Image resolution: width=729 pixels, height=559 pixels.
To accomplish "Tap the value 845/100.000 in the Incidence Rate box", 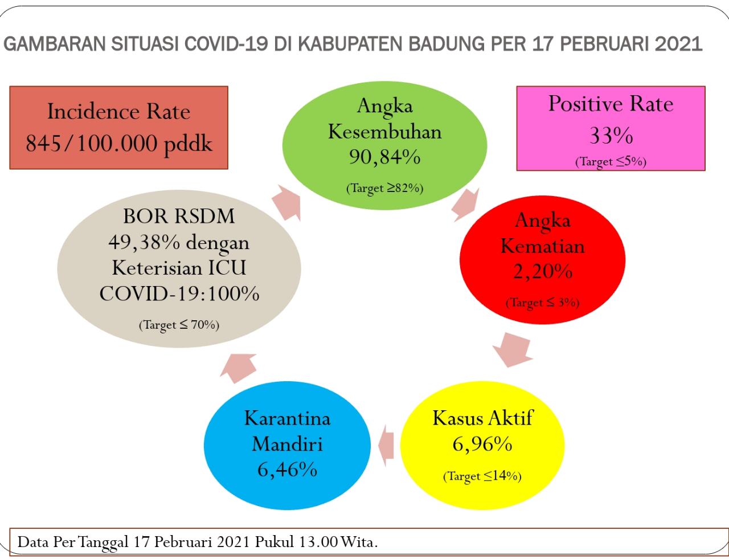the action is [92, 143].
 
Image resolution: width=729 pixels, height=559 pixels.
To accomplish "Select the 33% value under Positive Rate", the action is [611, 136].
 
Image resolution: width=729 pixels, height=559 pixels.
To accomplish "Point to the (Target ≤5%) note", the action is [611, 162].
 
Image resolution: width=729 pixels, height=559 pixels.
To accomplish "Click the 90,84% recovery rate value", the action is [384, 157].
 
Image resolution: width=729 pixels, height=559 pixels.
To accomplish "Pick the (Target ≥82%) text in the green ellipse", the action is [385, 188].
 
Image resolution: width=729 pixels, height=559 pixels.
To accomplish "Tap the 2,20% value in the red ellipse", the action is [542, 271].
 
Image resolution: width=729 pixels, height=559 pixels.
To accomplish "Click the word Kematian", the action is [542, 246].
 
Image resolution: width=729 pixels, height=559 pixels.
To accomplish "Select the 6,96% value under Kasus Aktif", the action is [482, 444].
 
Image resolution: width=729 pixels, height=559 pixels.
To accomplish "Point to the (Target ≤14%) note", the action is [482, 476].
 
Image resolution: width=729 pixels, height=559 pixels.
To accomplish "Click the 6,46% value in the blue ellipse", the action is [287, 469].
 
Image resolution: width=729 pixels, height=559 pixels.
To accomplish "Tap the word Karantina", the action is [287, 418].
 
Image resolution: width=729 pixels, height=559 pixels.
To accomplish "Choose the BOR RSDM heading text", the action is [179, 216].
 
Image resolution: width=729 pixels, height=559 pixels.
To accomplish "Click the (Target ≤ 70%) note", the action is [179, 325].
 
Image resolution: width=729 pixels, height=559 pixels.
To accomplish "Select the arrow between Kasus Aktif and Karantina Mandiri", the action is [386, 446].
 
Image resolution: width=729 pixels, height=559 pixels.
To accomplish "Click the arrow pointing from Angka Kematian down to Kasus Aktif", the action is [512, 350].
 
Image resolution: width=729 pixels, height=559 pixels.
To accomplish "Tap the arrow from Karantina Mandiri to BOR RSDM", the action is [239, 368].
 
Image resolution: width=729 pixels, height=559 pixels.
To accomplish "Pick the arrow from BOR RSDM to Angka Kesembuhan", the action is [286, 203].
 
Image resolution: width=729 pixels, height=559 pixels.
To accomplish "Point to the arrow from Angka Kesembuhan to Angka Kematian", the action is [465, 205].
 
